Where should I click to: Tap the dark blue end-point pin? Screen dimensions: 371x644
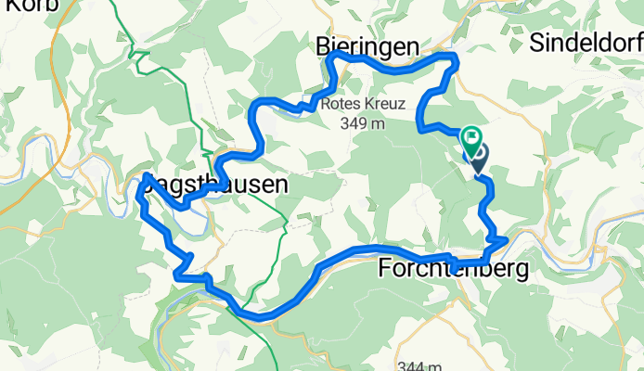click(x=480, y=158)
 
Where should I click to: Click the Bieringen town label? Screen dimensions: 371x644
click(x=367, y=46)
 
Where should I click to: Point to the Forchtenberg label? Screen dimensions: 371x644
click(x=454, y=270)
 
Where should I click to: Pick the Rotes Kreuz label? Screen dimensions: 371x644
click(x=364, y=105)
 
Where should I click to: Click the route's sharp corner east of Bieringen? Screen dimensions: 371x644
click(x=456, y=59)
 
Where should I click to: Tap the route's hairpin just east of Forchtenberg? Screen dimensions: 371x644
click(x=504, y=240)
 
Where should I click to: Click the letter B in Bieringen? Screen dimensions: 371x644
click(x=321, y=46)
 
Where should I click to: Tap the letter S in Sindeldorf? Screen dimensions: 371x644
click(x=537, y=42)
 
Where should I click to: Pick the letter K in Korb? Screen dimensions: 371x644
click(x=7, y=6)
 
